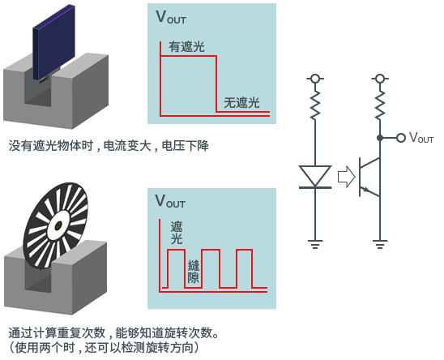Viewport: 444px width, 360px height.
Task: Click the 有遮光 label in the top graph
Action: click(x=186, y=47)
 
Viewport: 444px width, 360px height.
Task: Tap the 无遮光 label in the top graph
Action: click(x=241, y=103)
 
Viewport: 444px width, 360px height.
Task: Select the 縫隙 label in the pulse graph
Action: click(x=194, y=272)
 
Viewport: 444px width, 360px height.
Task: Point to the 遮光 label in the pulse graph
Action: click(x=177, y=233)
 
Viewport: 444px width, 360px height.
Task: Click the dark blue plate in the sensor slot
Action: click(x=53, y=42)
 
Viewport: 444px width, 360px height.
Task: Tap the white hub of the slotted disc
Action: click(x=58, y=225)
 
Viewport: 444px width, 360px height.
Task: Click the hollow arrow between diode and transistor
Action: click(x=346, y=177)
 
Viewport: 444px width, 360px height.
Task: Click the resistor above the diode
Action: click(x=315, y=105)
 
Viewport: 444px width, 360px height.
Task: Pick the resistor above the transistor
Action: click(x=380, y=105)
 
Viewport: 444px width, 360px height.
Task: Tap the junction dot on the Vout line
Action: click(x=380, y=138)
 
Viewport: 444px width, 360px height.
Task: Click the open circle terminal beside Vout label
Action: click(x=401, y=138)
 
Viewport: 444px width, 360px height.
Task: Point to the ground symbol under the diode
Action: click(x=315, y=244)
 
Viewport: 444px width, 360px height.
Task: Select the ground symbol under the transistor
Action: click(x=380, y=244)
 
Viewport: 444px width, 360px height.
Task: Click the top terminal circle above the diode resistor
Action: click(x=315, y=79)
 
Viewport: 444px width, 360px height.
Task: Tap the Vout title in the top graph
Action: click(x=171, y=17)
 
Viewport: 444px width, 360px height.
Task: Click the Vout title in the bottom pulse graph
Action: click(x=170, y=201)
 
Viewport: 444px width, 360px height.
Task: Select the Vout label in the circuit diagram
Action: click(x=421, y=138)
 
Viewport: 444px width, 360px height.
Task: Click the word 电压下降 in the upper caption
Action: click(x=186, y=146)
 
